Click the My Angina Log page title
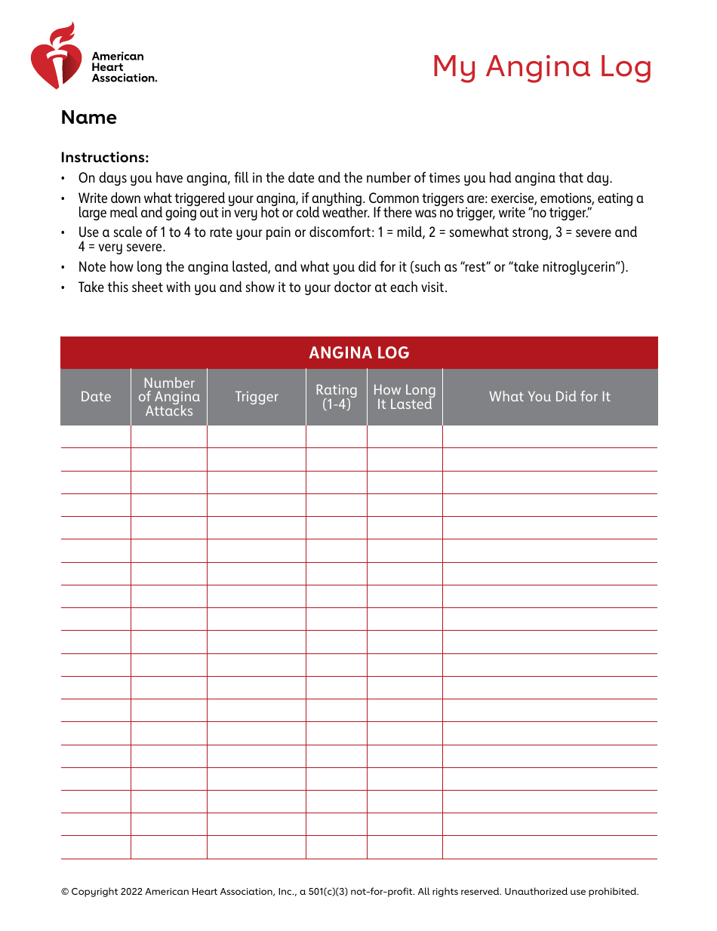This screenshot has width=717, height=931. click(x=541, y=66)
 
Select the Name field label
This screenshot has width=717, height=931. click(x=89, y=118)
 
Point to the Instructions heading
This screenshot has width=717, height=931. click(x=105, y=158)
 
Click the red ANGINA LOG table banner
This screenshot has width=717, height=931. click(x=358, y=352)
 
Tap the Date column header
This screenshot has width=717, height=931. click(x=96, y=397)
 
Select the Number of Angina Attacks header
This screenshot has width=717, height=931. click(x=169, y=397)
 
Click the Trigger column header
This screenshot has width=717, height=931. click(x=257, y=397)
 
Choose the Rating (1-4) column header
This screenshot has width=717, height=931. click(x=337, y=397)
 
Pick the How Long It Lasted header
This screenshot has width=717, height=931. click(x=405, y=397)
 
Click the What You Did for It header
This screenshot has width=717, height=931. click(x=549, y=397)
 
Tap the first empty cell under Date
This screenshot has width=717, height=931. click(x=96, y=437)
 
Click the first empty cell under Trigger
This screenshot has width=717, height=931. click(x=257, y=437)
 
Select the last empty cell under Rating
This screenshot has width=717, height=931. click(x=337, y=847)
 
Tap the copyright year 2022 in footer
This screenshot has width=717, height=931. click(x=129, y=892)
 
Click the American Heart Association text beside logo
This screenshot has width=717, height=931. click(x=124, y=67)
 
